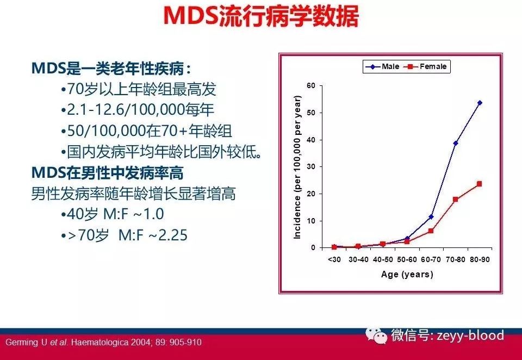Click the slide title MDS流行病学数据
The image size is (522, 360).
[x=261, y=16]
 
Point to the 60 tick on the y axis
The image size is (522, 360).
[x=312, y=85]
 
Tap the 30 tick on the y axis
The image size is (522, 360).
[x=312, y=166]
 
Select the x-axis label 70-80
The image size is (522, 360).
[x=455, y=260]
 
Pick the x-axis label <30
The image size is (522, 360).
[x=334, y=260]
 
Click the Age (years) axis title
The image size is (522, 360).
[x=407, y=274]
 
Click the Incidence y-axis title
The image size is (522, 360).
[x=297, y=167]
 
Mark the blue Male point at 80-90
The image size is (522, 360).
[x=480, y=103]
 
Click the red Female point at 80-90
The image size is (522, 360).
[x=480, y=184]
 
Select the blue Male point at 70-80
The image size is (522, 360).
[x=455, y=143]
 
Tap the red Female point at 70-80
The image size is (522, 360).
[x=455, y=200]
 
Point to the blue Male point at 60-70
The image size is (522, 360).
[x=431, y=216]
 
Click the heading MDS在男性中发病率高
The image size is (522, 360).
[x=107, y=173]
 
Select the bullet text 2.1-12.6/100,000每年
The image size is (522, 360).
[x=140, y=109]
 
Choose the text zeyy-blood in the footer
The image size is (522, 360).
[x=469, y=336]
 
